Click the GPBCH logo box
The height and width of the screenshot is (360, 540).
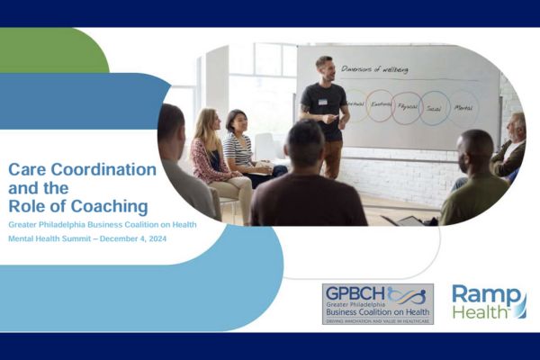pyautogui.click(x=377, y=304)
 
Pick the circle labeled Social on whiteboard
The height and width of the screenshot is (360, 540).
pyautogui.click(x=435, y=107)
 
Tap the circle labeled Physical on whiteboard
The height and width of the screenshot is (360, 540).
pyautogui.click(x=407, y=107)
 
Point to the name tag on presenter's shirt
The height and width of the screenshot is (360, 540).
pyautogui.click(x=322, y=102)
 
